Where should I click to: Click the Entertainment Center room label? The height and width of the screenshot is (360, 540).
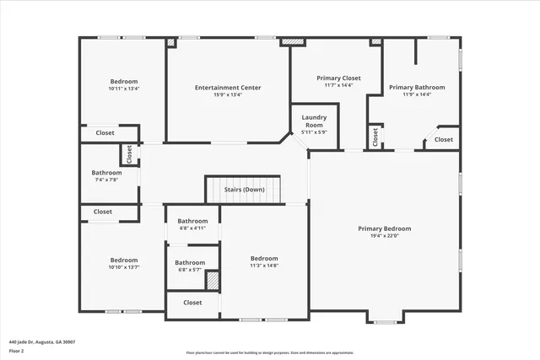coord(228,88)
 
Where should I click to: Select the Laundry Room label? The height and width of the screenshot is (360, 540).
coord(314,121)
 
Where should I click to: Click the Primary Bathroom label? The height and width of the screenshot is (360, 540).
coord(417,87)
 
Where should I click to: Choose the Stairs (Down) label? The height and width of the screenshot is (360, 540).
coord(245,190)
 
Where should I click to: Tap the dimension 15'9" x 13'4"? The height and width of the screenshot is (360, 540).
coord(228,95)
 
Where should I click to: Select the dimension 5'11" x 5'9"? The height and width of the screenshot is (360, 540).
coord(314,132)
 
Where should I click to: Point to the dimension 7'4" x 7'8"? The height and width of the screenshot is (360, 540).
coord(106,180)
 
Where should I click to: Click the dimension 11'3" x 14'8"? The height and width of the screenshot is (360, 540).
coord(264,266)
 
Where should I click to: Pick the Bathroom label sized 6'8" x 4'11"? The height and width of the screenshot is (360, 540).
coord(192,221)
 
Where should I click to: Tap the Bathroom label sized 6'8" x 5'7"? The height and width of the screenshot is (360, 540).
coord(190,262)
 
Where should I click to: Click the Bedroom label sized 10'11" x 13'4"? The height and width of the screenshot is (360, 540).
coord(123,82)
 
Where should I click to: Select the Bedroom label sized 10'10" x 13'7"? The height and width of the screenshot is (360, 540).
coord(123,260)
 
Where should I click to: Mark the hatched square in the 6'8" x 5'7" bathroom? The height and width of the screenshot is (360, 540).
coord(213,281)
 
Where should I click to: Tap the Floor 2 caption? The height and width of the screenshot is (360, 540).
coord(18,351)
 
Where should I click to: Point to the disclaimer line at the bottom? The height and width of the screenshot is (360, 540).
coord(270,352)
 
